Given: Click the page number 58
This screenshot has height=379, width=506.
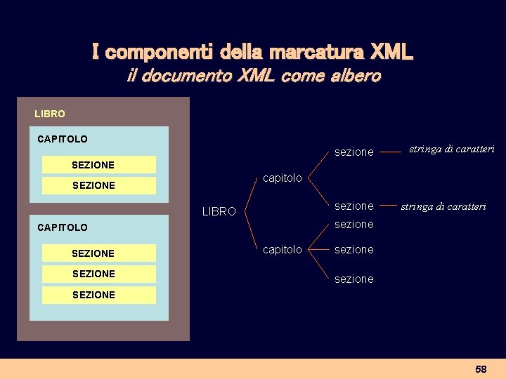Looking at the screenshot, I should click(481, 369).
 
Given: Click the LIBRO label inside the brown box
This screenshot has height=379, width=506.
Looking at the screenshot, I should click(50, 114).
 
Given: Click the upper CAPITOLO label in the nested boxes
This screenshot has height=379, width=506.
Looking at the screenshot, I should click(63, 139).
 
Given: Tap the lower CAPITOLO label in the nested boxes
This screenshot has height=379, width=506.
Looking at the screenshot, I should click(63, 227).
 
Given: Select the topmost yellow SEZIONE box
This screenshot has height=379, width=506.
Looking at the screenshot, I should click(98, 165).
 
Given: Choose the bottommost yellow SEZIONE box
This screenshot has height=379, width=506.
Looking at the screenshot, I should click(98, 295).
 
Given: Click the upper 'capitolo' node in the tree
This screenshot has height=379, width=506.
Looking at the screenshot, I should click(282, 178).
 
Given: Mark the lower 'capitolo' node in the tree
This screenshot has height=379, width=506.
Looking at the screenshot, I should click(282, 249).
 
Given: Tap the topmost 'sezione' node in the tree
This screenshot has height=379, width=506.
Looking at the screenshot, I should click(353, 152).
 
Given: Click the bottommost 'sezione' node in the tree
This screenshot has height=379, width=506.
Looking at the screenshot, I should click(353, 279).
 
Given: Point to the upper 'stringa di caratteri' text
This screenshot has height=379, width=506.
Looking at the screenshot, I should click(452, 149).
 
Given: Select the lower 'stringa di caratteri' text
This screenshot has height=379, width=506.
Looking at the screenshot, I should click(443, 206).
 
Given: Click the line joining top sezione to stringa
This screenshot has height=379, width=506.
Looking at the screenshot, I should click(390, 149).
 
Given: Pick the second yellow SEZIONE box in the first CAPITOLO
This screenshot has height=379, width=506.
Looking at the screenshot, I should click(98, 185).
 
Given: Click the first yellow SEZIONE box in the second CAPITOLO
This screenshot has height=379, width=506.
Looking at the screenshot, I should click(98, 253).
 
